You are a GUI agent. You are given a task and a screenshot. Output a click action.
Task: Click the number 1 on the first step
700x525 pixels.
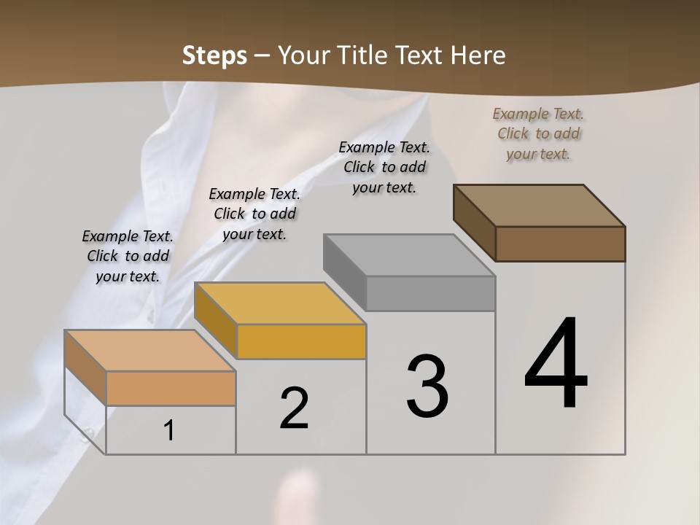pos(169,431)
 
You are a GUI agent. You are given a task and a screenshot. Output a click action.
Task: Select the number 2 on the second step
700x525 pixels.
pos(294,408)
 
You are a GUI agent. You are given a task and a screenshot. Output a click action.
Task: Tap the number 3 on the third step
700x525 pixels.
pos(427,386)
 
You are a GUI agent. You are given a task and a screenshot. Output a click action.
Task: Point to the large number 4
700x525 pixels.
pos(556,365)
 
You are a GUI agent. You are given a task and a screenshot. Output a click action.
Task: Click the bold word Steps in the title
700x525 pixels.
pos(214,55)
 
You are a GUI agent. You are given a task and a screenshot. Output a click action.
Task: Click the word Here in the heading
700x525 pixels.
pos(478,55)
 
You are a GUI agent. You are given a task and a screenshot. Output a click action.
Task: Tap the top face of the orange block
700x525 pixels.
pos(150,351)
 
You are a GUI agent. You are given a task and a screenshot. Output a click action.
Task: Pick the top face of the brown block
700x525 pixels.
pos(540,206)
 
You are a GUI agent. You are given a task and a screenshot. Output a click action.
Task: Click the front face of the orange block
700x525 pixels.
pos(171,388)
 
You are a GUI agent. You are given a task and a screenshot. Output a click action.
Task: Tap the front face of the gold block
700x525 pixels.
pos(301,341)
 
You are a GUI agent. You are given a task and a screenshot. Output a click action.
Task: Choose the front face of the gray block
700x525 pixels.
pos(431,293)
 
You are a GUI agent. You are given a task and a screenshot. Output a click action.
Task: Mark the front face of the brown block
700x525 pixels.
pos(560,244)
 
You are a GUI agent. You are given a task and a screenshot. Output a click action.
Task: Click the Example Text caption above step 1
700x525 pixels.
pos(128,256)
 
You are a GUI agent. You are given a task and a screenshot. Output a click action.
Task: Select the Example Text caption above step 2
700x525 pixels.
pos(254,214)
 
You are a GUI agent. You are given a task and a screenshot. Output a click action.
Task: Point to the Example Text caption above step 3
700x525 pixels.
pos(384,167)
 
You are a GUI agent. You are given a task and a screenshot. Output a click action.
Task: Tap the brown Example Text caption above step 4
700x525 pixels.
pos(538,133)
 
